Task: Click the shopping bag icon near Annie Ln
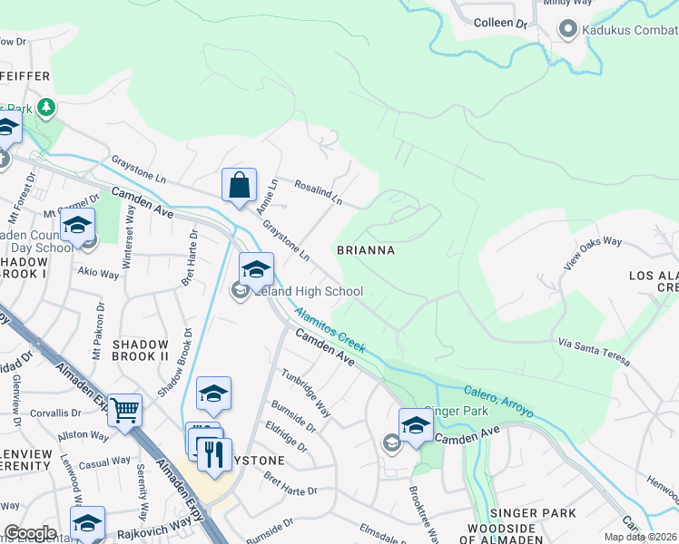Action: (239, 186)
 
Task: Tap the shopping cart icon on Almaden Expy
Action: (124, 410)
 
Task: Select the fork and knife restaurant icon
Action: (214, 454)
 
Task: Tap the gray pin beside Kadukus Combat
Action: (568, 30)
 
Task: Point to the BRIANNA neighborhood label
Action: (365, 249)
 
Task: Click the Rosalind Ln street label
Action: (318, 191)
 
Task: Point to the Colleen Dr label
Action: (500, 23)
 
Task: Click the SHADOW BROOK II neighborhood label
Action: (141, 351)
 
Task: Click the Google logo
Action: (29, 532)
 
